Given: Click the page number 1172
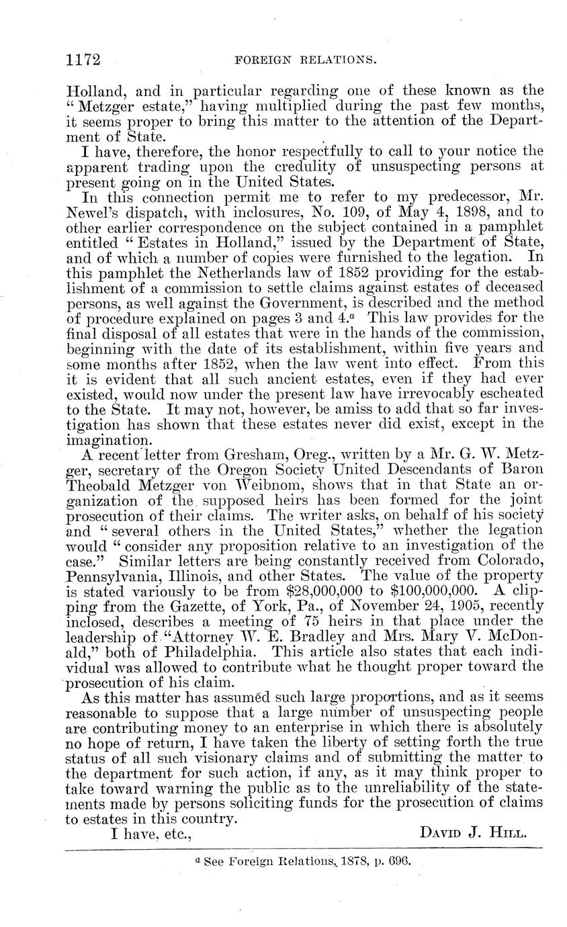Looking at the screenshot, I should tap(83, 60).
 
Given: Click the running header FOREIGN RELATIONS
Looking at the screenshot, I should tap(304, 60).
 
